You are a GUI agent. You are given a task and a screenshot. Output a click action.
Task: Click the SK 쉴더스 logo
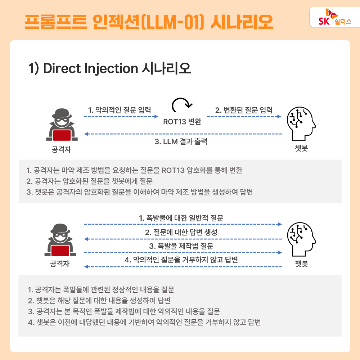(335, 17)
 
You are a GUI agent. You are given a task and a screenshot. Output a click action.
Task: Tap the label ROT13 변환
(182, 121)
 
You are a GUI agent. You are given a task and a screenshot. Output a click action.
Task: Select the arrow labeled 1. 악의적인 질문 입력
(121, 116)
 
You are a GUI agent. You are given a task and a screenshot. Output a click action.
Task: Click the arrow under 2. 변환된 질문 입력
(244, 116)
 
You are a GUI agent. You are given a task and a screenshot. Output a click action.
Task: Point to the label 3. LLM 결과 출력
(181, 141)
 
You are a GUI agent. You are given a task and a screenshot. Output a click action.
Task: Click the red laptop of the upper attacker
(62, 135)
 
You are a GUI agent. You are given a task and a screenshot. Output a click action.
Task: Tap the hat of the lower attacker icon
(60, 229)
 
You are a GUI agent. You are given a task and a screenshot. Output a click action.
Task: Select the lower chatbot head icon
(301, 239)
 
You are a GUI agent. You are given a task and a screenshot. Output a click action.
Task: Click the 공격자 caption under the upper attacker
(61, 149)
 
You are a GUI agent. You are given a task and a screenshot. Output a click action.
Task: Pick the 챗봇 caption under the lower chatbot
(301, 264)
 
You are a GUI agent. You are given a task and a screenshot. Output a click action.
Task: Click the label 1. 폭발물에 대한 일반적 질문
(181, 218)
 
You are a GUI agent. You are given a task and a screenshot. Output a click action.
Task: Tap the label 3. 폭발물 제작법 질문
(181, 246)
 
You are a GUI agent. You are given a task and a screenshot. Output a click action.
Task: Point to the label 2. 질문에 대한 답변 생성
(181, 232)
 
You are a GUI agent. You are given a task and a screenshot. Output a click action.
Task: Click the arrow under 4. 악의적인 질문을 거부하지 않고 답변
(183, 266)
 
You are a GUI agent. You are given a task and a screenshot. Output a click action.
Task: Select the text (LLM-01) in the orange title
(172, 22)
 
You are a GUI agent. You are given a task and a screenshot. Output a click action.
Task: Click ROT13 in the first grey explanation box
(173, 170)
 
